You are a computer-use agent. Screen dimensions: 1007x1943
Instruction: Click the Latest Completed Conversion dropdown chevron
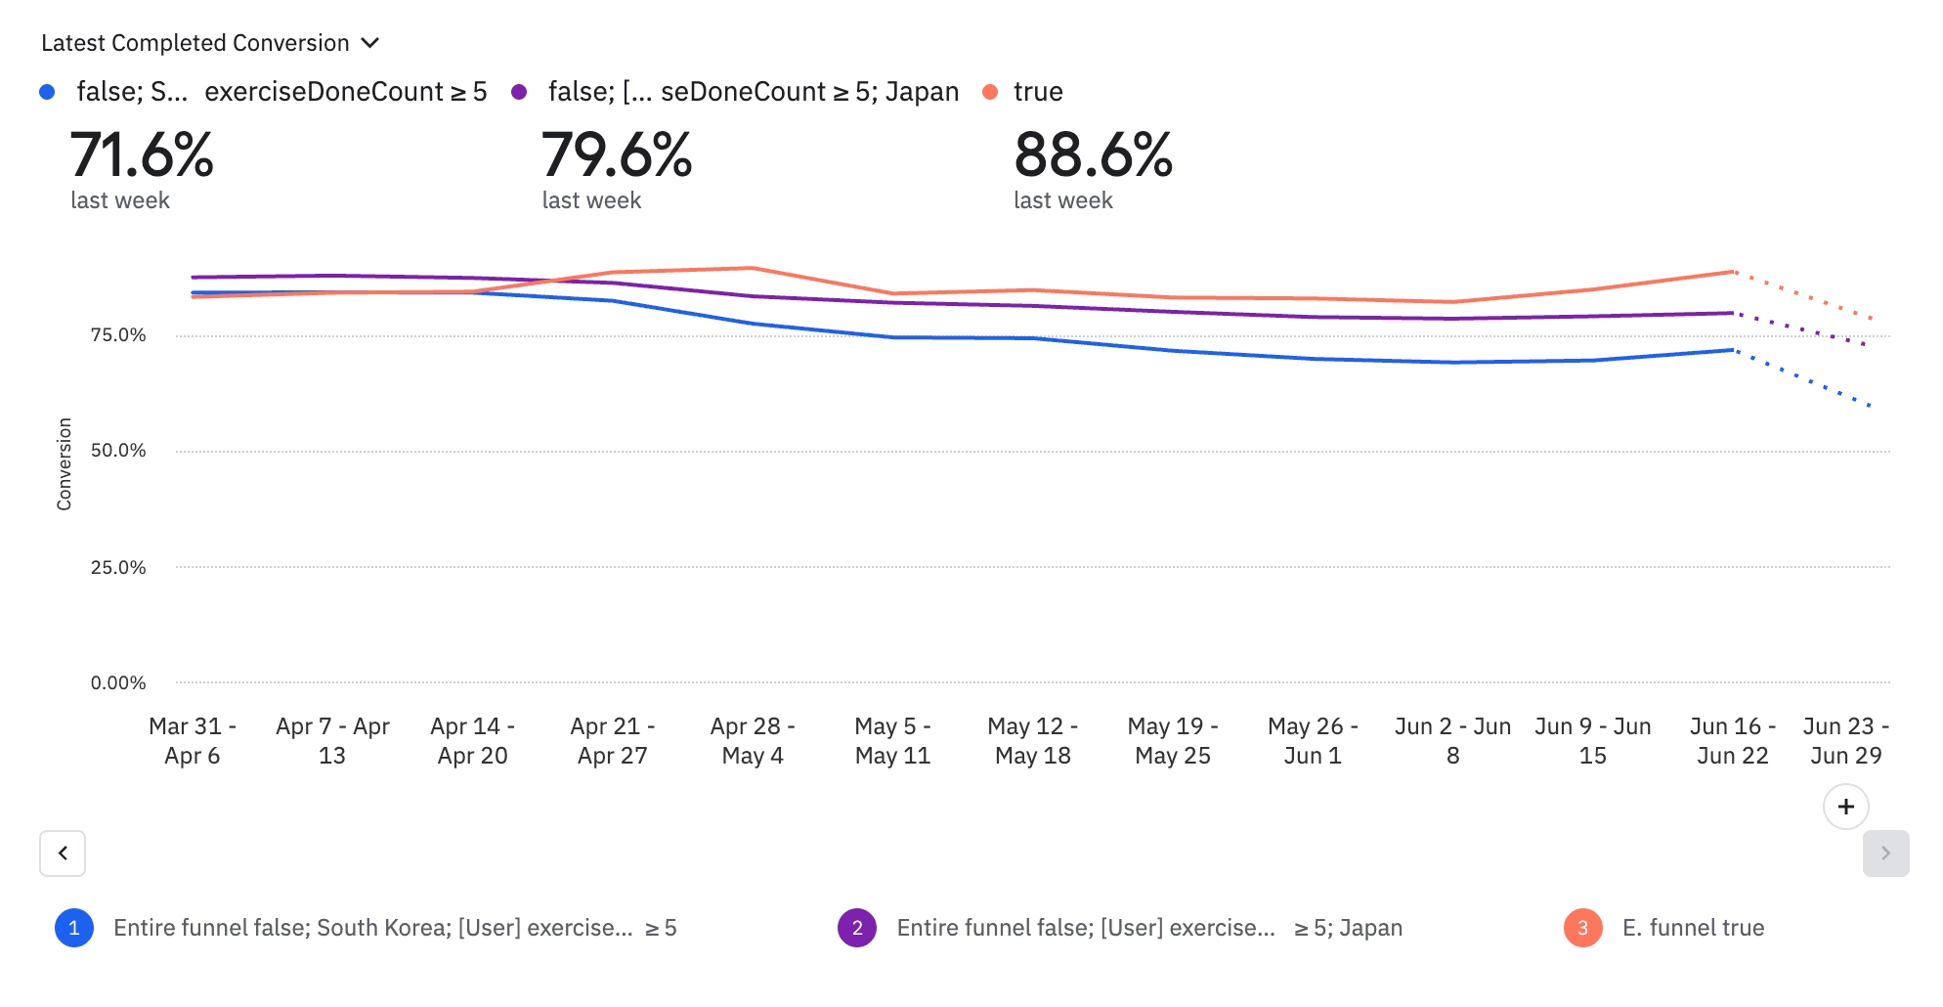(x=369, y=43)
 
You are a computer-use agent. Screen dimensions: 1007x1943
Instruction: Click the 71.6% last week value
(x=142, y=155)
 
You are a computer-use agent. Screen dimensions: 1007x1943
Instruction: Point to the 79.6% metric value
(x=617, y=155)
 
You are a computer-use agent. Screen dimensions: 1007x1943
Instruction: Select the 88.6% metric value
(x=1093, y=155)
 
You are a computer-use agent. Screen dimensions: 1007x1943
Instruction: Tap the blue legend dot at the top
(x=47, y=92)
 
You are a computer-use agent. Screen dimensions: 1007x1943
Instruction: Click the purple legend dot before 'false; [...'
(x=519, y=92)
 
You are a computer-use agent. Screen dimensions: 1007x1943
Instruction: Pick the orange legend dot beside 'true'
(x=990, y=92)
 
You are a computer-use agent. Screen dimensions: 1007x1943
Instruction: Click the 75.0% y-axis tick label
(x=118, y=335)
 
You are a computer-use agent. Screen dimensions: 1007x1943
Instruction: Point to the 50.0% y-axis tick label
(x=118, y=451)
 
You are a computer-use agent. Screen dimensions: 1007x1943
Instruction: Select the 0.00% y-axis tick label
(x=118, y=682)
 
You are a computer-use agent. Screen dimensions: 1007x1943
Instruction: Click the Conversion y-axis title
(x=65, y=463)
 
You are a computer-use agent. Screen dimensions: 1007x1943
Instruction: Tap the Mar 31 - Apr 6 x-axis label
(x=193, y=740)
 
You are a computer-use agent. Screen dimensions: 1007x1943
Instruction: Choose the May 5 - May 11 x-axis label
(x=892, y=740)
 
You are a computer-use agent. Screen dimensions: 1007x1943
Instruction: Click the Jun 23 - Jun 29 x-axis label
(x=1845, y=740)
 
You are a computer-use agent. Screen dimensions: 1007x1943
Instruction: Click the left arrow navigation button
(x=63, y=854)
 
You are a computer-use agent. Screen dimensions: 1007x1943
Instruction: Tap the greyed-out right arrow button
(x=1885, y=854)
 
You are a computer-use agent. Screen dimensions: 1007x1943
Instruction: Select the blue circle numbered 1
(x=74, y=928)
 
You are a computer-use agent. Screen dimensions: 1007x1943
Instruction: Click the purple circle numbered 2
(x=857, y=928)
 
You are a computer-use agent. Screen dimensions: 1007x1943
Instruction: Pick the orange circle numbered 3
(x=1582, y=928)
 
